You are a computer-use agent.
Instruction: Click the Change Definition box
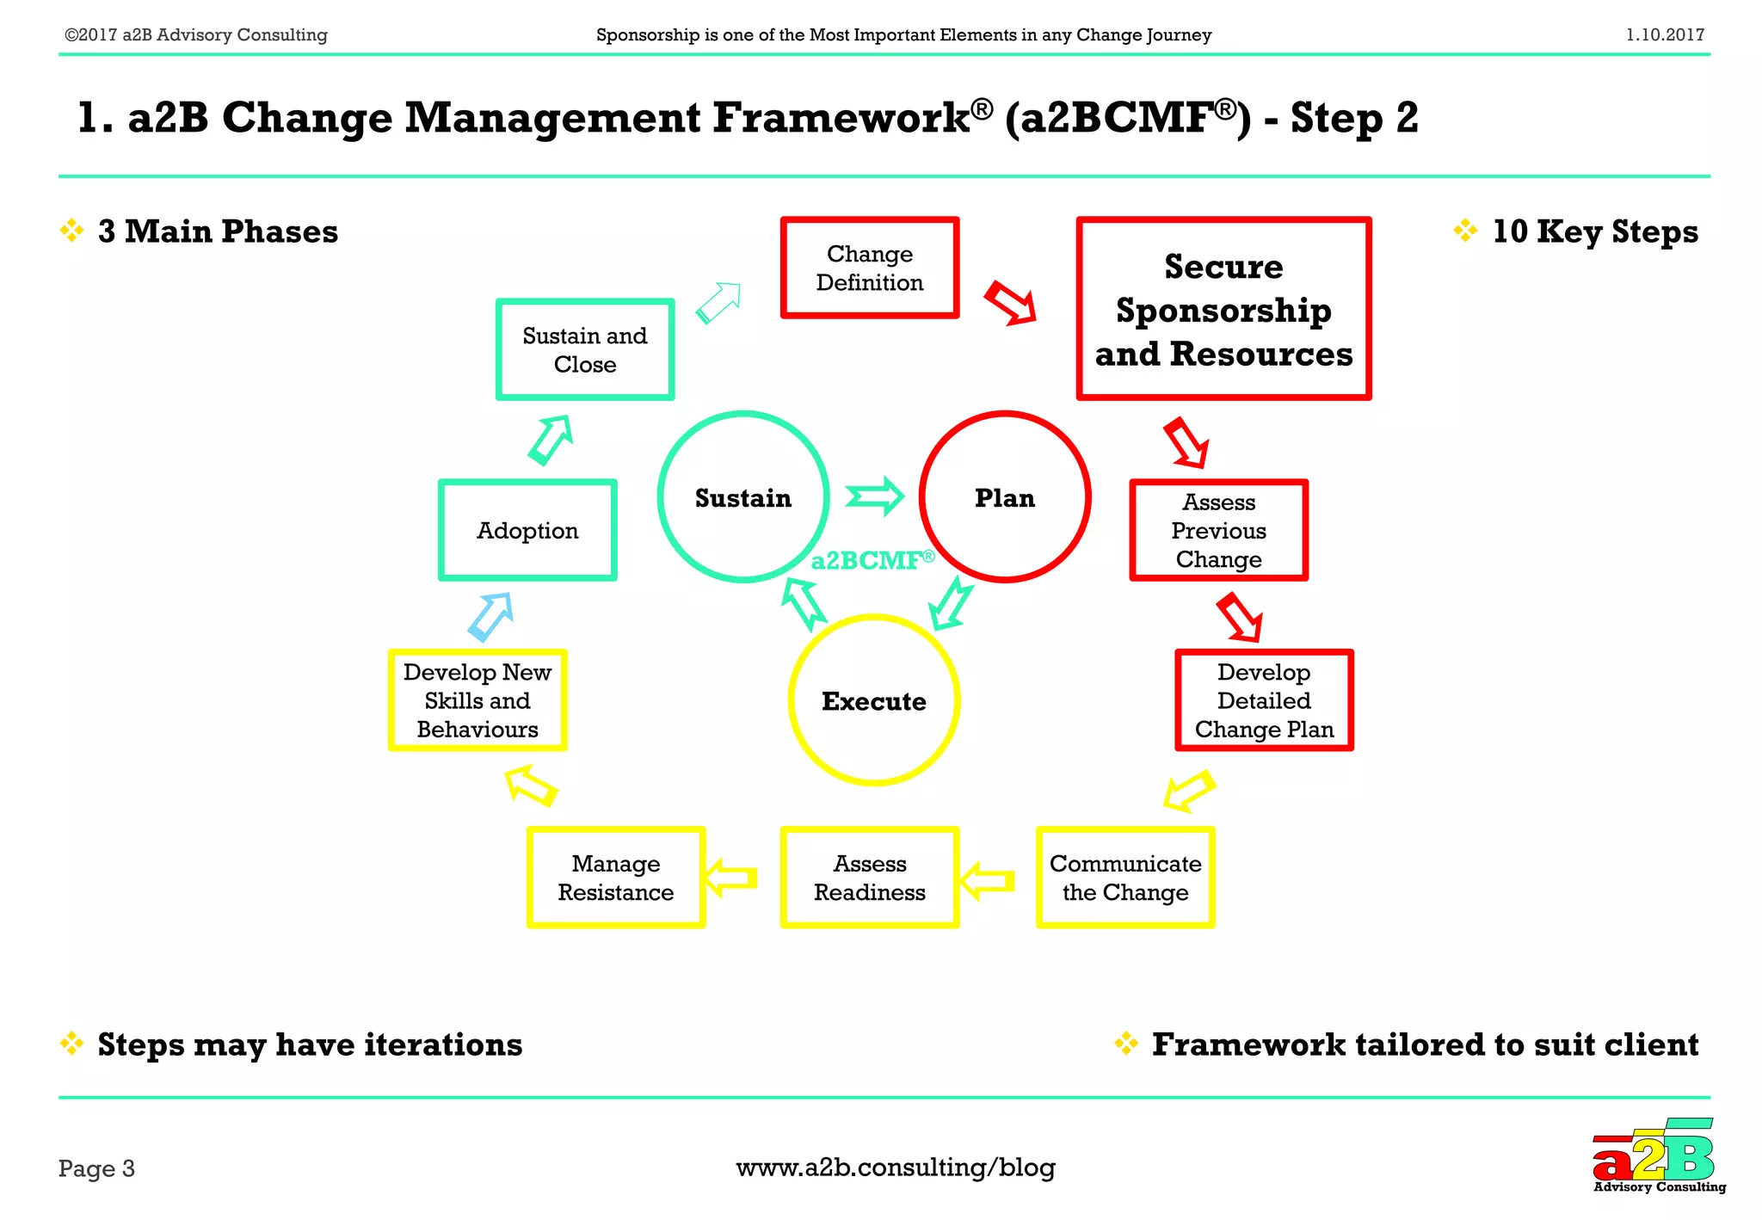[869, 268]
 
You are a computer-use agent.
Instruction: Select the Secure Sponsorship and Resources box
[1223, 309]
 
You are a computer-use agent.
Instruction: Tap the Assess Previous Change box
[1218, 530]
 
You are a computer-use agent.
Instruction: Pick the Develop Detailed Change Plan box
[1263, 700]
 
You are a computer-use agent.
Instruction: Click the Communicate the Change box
[1124, 878]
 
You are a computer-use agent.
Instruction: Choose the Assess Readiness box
[869, 878]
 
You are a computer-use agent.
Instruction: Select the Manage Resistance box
[615, 878]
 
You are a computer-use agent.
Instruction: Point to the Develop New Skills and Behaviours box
[477, 700]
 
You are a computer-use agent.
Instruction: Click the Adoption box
[527, 530]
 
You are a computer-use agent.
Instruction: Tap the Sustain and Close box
[584, 349]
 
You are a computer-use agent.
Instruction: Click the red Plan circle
[1004, 497]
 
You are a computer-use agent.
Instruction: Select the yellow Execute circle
[873, 700]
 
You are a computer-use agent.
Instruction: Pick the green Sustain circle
[742, 497]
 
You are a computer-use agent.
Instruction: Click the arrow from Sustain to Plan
[874, 496]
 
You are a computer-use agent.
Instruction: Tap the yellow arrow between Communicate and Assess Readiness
[987, 880]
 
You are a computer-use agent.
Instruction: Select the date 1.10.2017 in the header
[1664, 35]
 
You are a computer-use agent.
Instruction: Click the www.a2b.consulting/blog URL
[895, 1168]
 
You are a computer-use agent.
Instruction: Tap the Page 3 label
[96, 1168]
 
